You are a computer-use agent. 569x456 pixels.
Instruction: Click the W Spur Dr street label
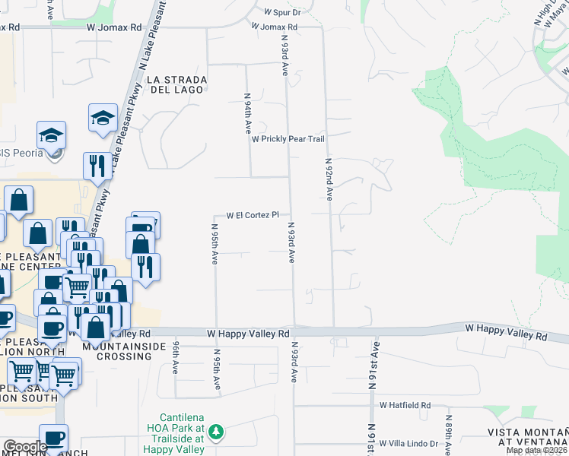click(282, 13)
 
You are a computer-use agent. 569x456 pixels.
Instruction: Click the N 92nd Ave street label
click(329, 179)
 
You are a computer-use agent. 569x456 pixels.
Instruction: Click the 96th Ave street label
click(175, 356)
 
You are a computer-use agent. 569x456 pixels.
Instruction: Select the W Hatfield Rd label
click(405, 405)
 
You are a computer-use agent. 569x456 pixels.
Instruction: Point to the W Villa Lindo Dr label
click(408, 444)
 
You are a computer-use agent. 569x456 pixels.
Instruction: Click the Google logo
click(25, 447)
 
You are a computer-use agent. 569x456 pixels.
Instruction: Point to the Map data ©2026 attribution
click(537, 451)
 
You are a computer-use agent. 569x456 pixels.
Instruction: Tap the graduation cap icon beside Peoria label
click(52, 135)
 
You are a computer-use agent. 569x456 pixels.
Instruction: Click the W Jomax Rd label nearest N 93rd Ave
click(275, 27)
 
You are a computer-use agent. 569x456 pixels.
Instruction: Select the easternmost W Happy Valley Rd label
click(506, 335)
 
